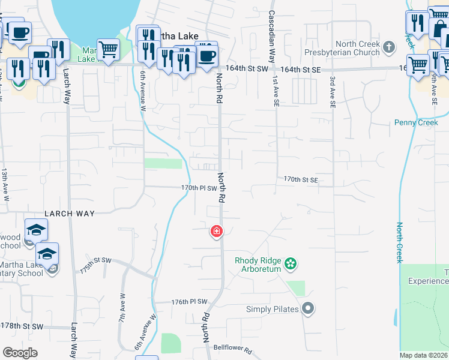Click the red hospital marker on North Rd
pos(216,231)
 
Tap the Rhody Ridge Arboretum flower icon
pos(291,263)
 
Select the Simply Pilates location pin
pos(308,309)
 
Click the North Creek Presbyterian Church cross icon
pos(389,47)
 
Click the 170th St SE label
pos(300,179)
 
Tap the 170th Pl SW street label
pos(199,188)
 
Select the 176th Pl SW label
pos(189,302)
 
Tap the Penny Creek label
pos(412,122)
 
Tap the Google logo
pos(20,353)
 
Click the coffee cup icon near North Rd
pos(206,55)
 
